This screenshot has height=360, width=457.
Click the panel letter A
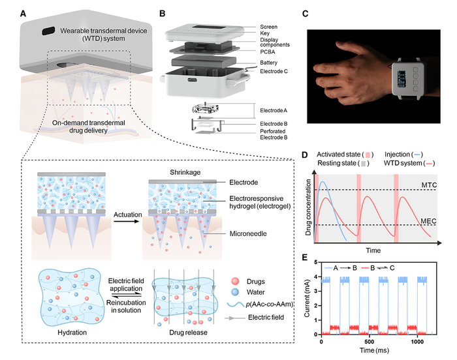[x=23, y=14]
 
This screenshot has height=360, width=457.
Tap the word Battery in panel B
[x=268, y=63]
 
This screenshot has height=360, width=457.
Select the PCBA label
[x=268, y=52]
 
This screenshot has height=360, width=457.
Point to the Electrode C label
[x=274, y=71]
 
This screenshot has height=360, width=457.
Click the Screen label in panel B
[x=268, y=27]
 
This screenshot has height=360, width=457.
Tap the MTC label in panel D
[x=429, y=185]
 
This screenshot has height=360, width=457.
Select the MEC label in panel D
[x=428, y=221]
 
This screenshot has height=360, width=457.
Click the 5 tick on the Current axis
[x=315, y=262]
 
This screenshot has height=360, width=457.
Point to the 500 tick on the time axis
[x=370, y=342]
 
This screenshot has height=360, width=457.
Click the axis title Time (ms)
[x=374, y=350]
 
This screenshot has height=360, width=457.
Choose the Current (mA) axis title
[x=307, y=298]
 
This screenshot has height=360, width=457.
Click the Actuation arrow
[x=127, y=222]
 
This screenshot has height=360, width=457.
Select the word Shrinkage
[x=185, y=172]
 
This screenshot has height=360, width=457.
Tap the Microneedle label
[x=248, y=233]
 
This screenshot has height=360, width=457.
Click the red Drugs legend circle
[x=235, y=281]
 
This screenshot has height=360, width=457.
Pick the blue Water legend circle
[x=235, y=292]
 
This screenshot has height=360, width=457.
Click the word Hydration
[x=72, y=333]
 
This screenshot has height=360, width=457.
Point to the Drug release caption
[x=188, y=333]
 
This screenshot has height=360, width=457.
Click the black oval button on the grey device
[x=48, y=31]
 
